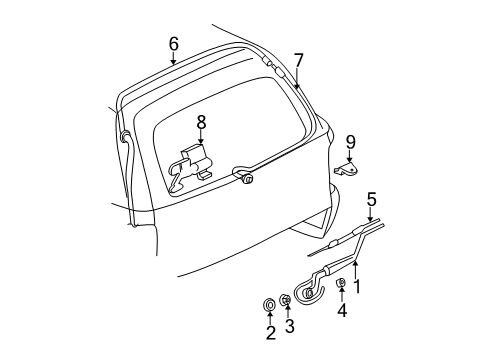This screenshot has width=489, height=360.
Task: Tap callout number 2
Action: pos(270,332)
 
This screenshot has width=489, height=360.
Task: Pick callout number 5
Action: pos(371,198)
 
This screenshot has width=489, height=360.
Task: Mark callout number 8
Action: pos(200,123)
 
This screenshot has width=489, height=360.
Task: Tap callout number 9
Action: pos(350,140)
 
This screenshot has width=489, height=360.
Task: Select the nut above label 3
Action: pos(286,300)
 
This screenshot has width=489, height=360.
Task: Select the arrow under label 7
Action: pos(298,80)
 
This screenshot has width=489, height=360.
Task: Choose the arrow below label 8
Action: pos(200,140)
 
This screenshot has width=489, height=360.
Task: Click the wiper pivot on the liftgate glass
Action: pos(246,179)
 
